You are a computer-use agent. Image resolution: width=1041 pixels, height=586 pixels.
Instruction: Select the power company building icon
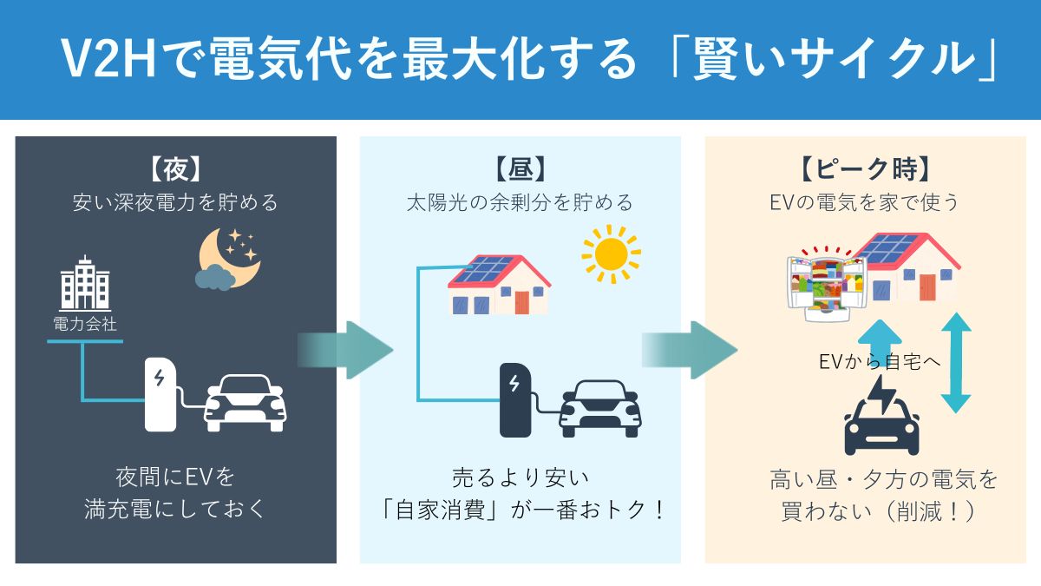coord(84,284)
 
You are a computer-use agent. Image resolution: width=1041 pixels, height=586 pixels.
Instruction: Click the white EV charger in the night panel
coord(160,394)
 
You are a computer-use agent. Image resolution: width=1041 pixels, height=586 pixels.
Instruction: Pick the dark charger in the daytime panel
coord(515,399)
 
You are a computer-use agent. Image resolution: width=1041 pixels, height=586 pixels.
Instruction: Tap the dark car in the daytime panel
coord(599,408)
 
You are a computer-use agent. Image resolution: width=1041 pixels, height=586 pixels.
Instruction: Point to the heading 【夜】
coord(175,168)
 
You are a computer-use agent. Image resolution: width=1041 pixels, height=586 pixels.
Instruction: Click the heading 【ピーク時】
coord(867,168)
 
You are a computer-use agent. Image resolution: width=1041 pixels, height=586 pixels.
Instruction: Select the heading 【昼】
coord(520,168)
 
